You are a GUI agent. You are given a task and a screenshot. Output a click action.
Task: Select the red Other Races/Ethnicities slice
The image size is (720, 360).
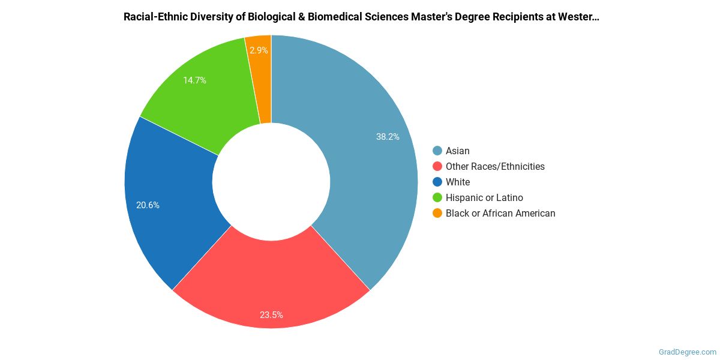(270, 282)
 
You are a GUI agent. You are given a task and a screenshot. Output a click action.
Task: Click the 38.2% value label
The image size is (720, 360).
(388, 137)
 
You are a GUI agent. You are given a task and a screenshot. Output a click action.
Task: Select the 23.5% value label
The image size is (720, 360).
(271, 315)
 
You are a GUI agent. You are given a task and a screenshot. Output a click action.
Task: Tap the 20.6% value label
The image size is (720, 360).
(148, 205)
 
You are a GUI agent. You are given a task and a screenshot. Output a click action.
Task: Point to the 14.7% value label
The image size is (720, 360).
(194, 80)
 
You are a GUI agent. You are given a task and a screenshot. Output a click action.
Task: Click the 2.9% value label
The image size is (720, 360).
(259, 51)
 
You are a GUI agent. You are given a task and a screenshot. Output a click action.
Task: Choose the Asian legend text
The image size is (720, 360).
(458, 151)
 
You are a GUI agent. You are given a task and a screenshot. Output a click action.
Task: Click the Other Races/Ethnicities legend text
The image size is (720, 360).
(495, 167)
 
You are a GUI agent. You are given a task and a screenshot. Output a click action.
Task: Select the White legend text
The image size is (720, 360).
(458, 182)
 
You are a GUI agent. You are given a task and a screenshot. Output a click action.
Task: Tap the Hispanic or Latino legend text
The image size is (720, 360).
(484, 198)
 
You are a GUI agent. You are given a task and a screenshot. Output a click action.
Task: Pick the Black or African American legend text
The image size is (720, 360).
(500, 214)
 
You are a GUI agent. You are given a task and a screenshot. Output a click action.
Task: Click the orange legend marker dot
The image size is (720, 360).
(437, 214)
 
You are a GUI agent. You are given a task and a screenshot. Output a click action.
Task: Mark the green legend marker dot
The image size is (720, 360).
(437, 198)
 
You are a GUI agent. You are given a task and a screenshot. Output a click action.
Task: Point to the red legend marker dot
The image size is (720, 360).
(437, 167)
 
